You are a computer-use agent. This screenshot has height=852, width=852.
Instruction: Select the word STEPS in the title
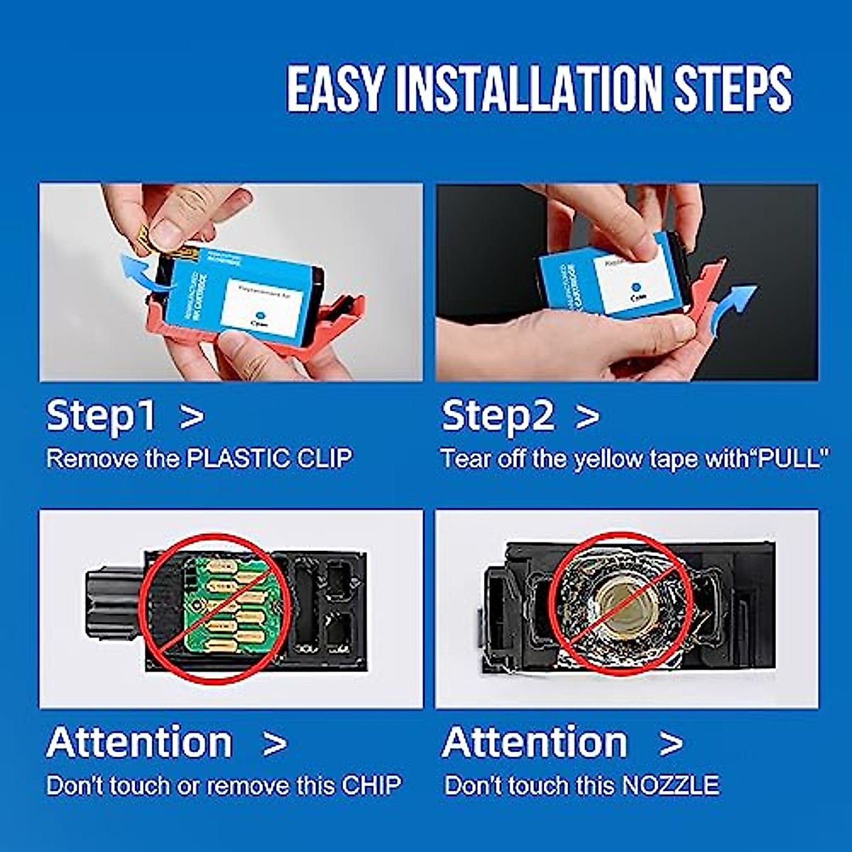[x=732, y=89]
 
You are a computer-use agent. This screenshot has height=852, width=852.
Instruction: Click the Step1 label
[x=101, y=415]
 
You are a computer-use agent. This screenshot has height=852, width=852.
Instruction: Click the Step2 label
[x=497, y=415]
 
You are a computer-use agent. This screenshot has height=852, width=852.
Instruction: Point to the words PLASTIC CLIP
[x=269, y=459]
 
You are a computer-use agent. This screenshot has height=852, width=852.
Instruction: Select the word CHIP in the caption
[x=371, y=785]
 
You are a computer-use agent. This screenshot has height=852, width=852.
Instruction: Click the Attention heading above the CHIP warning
[x=140, y=743]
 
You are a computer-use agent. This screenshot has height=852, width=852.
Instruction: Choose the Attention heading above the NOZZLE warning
[x=535, y=743]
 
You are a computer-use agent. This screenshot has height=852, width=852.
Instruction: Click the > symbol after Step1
[x=192, y=417]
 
